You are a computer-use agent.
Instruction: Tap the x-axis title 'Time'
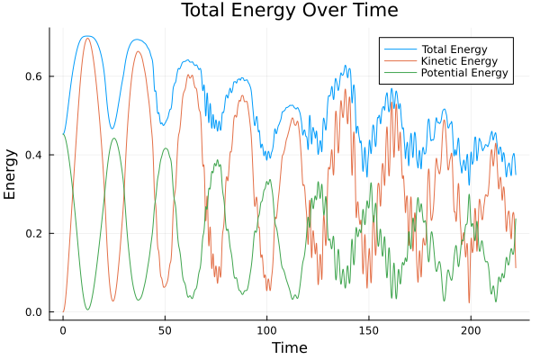[x=290, y=347]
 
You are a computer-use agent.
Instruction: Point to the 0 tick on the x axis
[x=63, y=330]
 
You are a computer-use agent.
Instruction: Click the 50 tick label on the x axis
[x=165, y=330]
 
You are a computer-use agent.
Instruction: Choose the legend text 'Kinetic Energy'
[x=457, y=59]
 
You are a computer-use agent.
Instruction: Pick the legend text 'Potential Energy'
[x=463, y=73]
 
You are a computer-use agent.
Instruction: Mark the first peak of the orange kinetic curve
[x=87, y=39]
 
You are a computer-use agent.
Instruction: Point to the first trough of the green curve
[x=87, y=310]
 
